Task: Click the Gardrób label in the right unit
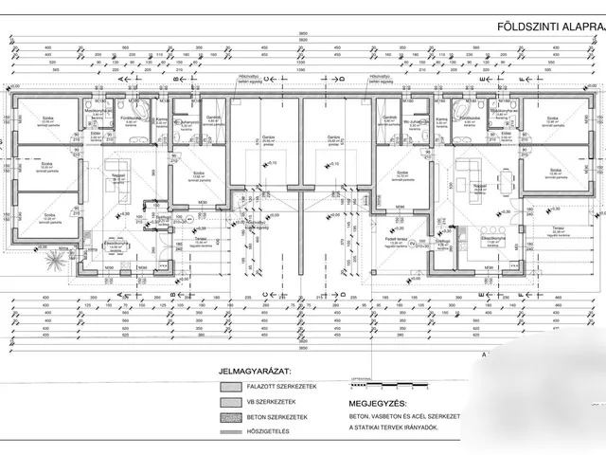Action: pos(388,118)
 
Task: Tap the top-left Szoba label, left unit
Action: pos(48,120)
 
